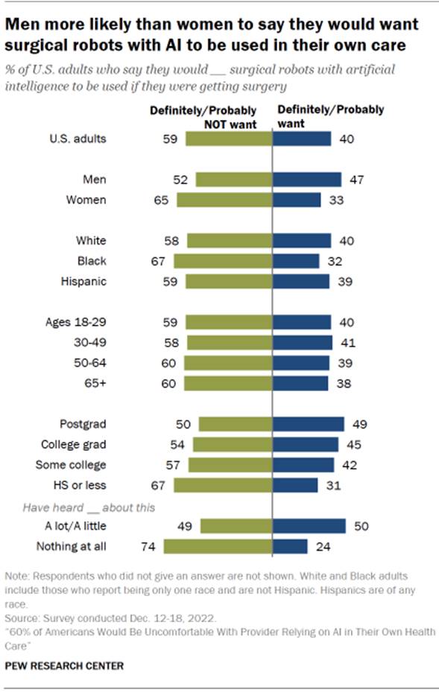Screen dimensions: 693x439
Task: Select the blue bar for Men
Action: (x=307, y=180)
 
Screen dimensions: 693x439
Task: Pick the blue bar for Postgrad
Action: (x=309, y=424)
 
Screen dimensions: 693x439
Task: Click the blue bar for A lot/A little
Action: (x=309, y=526)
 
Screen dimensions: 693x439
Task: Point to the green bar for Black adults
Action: (x=223, y=261)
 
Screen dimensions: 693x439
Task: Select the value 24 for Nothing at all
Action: (x=321, y=546)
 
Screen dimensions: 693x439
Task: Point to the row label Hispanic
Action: (x=84, y=282)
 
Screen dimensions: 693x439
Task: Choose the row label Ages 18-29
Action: (x=75, y=322)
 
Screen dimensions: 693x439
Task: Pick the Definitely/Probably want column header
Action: (x=330, y=115)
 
